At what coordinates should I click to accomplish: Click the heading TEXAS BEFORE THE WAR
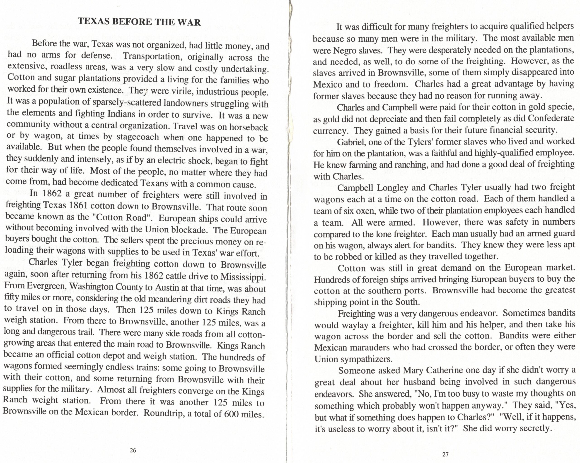139,22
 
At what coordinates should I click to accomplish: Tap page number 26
133,450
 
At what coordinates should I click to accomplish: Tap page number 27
445,454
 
